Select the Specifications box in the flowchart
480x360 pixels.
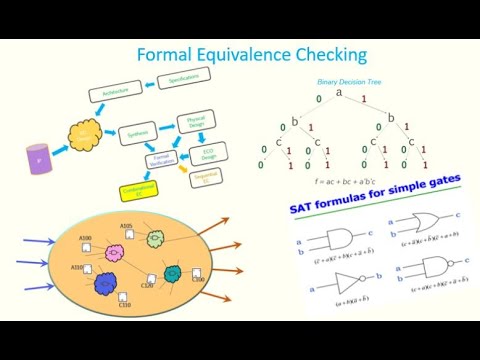coord(183,77)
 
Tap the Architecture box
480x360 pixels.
coord(116,92)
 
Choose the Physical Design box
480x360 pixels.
coord(196,122)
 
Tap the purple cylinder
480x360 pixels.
coord(39,160)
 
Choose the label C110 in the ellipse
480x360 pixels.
coord(125,304)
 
